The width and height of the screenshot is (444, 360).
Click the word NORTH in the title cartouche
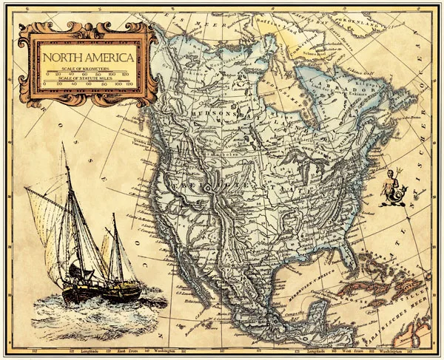coord(62,57)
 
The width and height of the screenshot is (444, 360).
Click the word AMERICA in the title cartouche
coord(108,57)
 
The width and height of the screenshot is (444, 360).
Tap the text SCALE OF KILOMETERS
coord(87,69)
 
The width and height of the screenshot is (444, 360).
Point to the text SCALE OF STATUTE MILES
coord(87,78)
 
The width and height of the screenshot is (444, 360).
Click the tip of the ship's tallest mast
coord(63,146)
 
